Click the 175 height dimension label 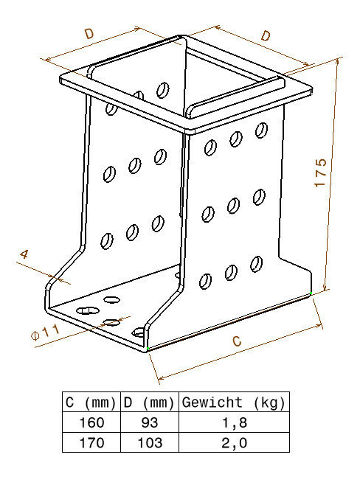coord(320,173)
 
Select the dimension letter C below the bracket coord(237,341)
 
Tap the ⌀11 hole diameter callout coord(45,332)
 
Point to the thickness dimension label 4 coord(24,254)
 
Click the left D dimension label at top coord(89,33)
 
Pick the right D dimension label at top coord(266,36)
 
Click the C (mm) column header coord(91,403)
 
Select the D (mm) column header coord(150,403)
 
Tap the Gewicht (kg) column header coord(234,403)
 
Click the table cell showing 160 coord(91,422)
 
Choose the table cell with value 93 coord(150,422)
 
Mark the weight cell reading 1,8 coord(235,423)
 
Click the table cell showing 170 coord(91,442)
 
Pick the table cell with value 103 coord(150,442)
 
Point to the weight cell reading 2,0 coord(235,443)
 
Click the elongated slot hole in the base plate coord(88,310)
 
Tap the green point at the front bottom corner coord(148,348)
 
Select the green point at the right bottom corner coord(311,293)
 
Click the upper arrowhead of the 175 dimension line coord(337,63)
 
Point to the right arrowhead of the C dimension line coord(319,327)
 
